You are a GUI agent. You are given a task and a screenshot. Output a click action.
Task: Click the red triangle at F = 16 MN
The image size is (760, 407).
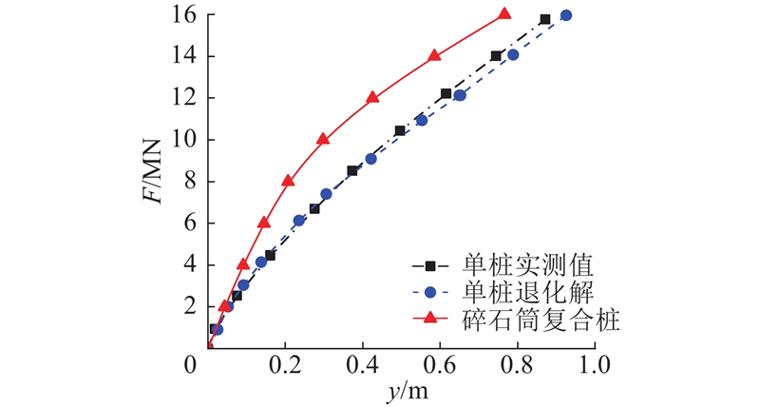click(x=504, y=14)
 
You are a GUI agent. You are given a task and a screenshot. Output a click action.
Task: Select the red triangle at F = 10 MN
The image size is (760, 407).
click(x=323, y=139)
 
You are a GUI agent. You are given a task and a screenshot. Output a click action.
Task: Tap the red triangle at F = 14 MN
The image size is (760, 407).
click(x=435, y=55)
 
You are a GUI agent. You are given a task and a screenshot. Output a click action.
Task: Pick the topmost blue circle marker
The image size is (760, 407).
click(x=566, y=15)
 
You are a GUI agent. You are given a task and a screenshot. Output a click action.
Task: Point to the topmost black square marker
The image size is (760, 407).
click(x=545, y=19)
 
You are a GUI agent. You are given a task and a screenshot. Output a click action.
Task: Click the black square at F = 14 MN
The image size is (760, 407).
click(x=496, y=56)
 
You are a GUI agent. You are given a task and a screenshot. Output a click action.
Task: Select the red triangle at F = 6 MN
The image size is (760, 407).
click(x=264, y=223)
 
